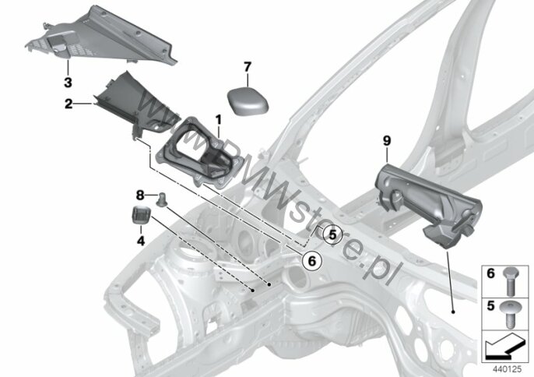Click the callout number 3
(68, 82)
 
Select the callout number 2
(69, 104)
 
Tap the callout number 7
(248, 67)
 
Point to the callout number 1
(218, 120)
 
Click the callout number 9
(387, 141)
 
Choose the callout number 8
(140, 196)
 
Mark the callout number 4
(141, 241)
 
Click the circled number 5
(332, 234)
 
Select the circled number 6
(312, 261)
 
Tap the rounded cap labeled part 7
(248, 100)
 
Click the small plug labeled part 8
(161, 199)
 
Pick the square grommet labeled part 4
(141, 214)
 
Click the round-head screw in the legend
(509, 315)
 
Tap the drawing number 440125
(507, 369)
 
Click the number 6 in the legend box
(490, 273)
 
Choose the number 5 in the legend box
(490, 305)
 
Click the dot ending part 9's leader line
(453, 312)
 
